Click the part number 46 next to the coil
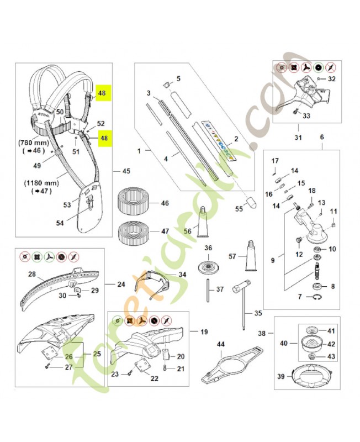(x=165, y=204)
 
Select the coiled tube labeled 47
(x=133, y=231)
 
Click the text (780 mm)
(x=35, y=141)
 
